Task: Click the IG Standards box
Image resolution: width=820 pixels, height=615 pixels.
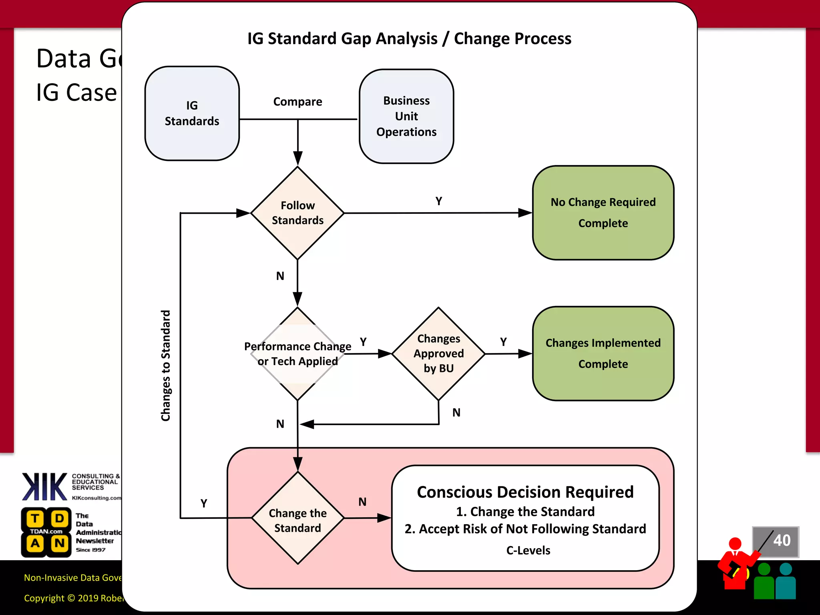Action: pyautogui.click(x=192, y=113)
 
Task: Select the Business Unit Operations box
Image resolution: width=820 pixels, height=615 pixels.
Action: pyautogui.click(x=406, y=116)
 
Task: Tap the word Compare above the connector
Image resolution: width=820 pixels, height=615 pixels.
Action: pyautogui.click(x=297, y=102)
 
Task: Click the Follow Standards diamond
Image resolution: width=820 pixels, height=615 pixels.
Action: pyautogui.click(x=297, y=213)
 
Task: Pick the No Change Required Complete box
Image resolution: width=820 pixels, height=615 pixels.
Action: pyautogui.click(x=603, y=213)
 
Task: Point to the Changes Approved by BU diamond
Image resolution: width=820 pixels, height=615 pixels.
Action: pyautogui.click(x=438, y=354)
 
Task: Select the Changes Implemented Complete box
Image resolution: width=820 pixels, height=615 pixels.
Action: pyautogui.click(x=603, y=354)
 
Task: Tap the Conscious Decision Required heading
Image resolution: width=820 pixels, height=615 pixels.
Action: pyautogui.click(x=525, y=492)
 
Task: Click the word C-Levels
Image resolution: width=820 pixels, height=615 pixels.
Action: pyautogui.click(x=528, y=551)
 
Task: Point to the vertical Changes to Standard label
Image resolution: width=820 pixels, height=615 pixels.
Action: pyautogui.click(x=166, y=366)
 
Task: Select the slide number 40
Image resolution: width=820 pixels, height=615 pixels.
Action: pyautogui.click(x=781, y=541)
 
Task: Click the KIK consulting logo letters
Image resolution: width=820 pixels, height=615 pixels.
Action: pyautogui.click(x=44, y=486)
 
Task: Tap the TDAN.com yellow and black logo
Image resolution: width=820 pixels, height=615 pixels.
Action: pyautogui.click(x=46, y=532)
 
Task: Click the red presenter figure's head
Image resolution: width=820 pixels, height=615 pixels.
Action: pyautogui.click(x=735, y=544)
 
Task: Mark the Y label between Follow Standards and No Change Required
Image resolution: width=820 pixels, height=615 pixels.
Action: pyautogui.click(x=439, y=201)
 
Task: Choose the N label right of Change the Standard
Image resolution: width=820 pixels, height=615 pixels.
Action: pyautogui.click(x=362, y=502)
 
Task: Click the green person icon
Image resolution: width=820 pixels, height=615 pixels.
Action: pyautogui.click(x=764, y=581)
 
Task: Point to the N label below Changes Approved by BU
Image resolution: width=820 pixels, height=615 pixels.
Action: pyautogui.click(x=456, y=413)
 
